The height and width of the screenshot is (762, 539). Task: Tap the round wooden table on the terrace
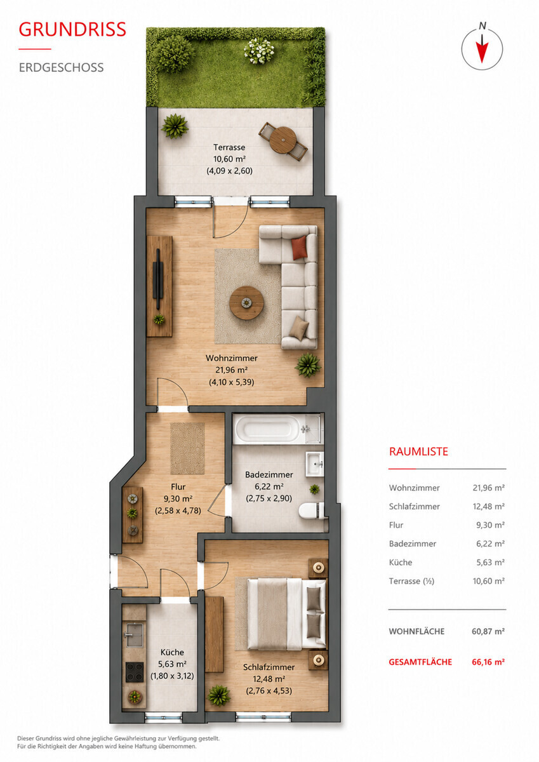click(283, 140)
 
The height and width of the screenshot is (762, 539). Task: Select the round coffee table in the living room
click(246, 302)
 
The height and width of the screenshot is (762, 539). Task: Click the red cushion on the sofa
click(300, 247)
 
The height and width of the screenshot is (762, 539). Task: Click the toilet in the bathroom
click(311, 511)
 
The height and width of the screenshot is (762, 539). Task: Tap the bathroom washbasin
click(314, 464)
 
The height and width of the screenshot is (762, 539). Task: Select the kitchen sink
click(135, 634)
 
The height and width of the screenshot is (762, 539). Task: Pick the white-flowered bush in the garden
click(259, 51)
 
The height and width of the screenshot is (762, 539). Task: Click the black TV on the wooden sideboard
click(158, 279)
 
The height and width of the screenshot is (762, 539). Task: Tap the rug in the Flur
click(187, 448)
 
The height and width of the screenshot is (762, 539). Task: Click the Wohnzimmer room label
click(231, 358)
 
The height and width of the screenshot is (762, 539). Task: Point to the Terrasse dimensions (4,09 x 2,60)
click(230, 171)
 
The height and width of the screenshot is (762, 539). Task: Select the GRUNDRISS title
click(72, 29)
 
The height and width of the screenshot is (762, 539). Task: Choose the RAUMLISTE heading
click(418, 451)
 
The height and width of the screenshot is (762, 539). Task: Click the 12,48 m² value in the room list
click(488, 506)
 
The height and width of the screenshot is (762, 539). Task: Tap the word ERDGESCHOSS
click(61, 67)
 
